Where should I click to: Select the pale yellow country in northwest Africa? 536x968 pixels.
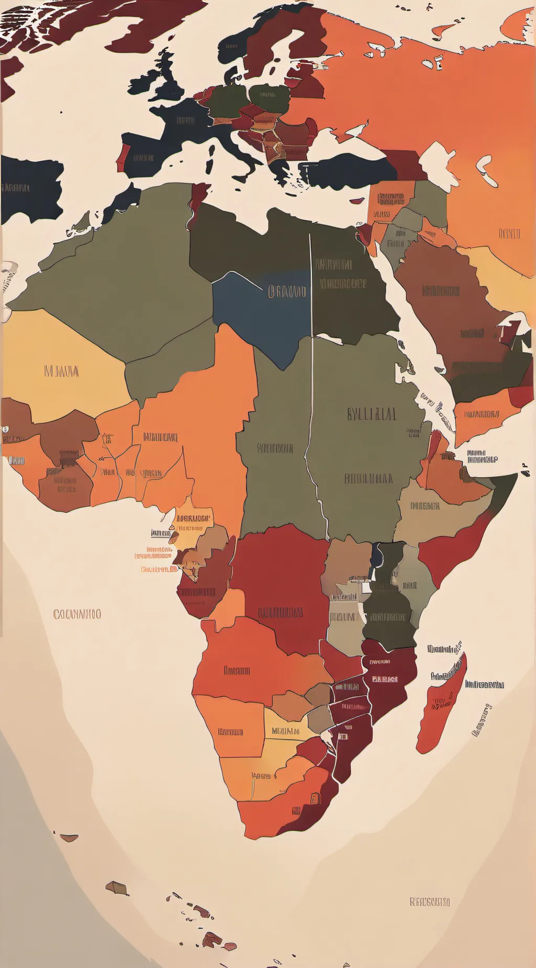(x=63, y=367)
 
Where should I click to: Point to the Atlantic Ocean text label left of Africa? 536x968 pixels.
(x=77, y=614)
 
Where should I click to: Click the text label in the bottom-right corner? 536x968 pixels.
(x=429, y=902)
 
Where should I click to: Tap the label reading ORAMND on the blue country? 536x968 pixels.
(x=287, y=292)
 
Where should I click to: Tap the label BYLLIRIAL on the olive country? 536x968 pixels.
(x=372, y=414)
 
